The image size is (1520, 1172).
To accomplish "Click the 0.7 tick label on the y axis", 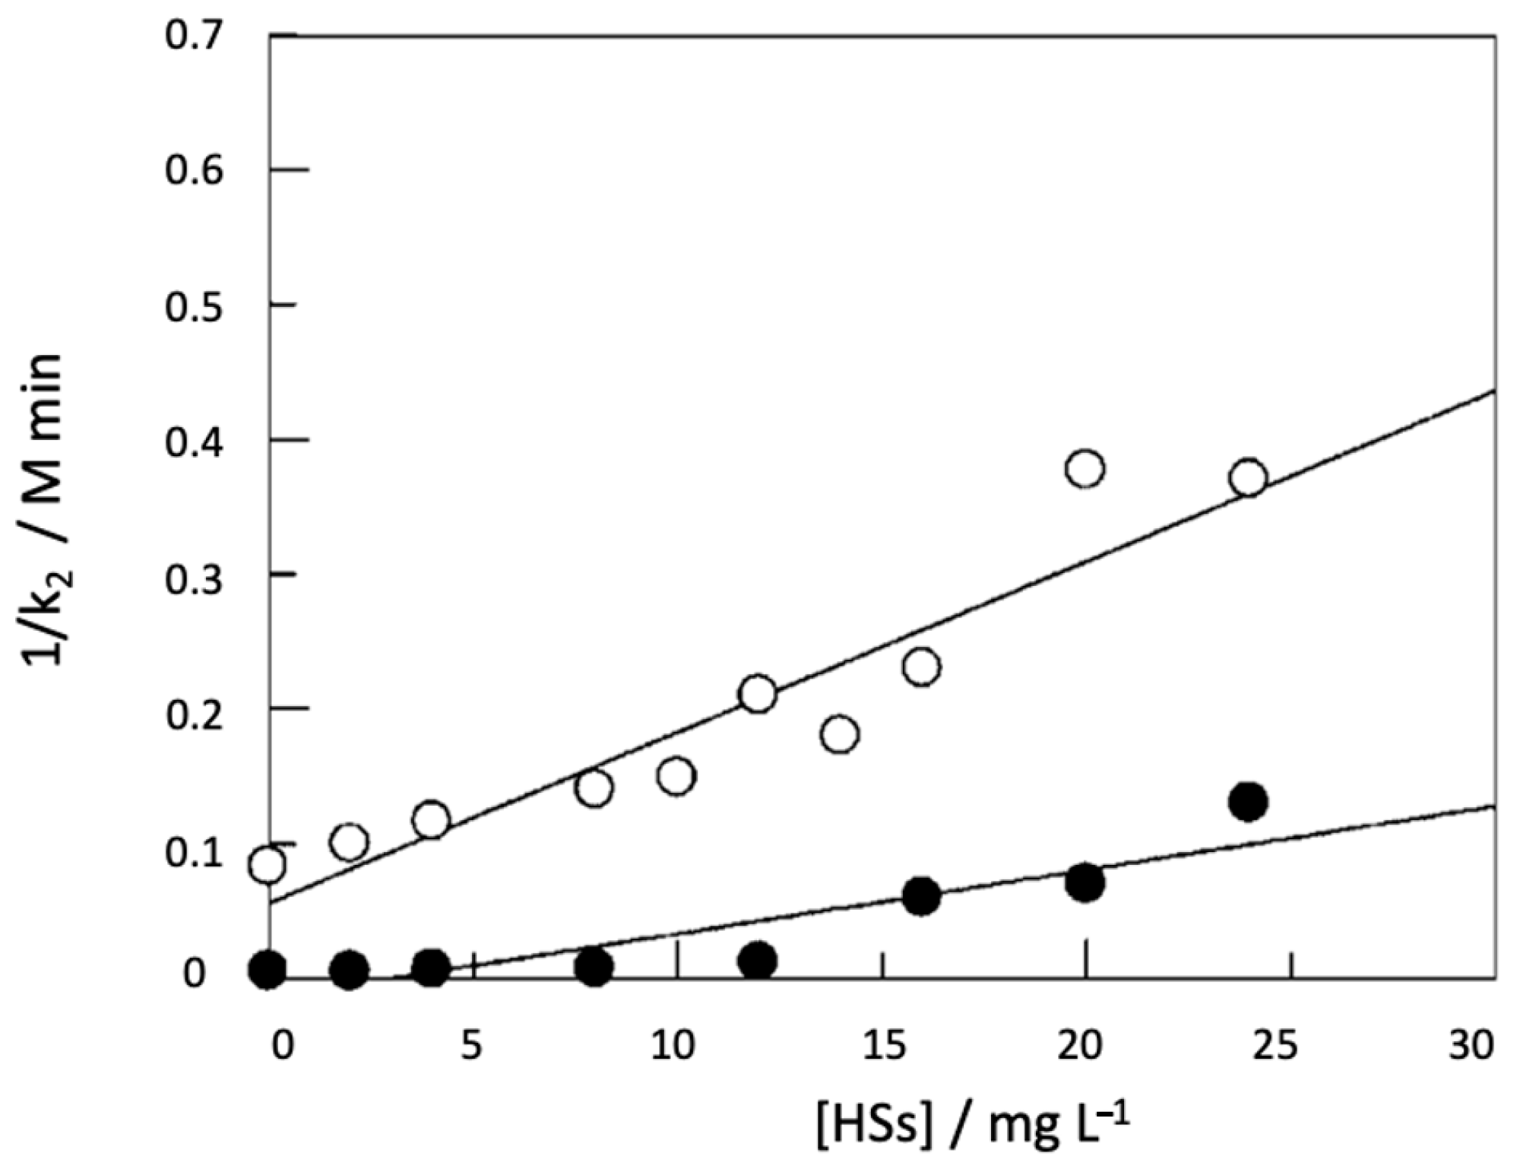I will coord(194,36).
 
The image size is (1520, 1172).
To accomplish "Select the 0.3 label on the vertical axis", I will coord(194,579).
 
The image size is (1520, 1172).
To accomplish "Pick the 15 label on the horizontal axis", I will coord(885,1045).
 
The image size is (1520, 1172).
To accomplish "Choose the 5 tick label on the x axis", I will coord(471,1045).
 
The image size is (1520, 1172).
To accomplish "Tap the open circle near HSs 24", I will coord(1249,478).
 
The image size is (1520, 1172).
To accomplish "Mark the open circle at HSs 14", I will coord(840,734).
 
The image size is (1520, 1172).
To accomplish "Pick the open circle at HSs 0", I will coord(268,864).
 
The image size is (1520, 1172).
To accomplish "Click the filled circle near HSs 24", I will coord(1249,801).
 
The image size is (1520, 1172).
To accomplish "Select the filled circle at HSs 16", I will coord(922,896).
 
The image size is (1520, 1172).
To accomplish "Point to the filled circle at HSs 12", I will coord(758,961).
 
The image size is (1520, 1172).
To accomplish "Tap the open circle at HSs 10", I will coord(676,776).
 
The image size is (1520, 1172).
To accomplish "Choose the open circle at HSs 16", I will coord(922,667).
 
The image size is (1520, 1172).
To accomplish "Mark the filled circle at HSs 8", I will coord(594,967).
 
